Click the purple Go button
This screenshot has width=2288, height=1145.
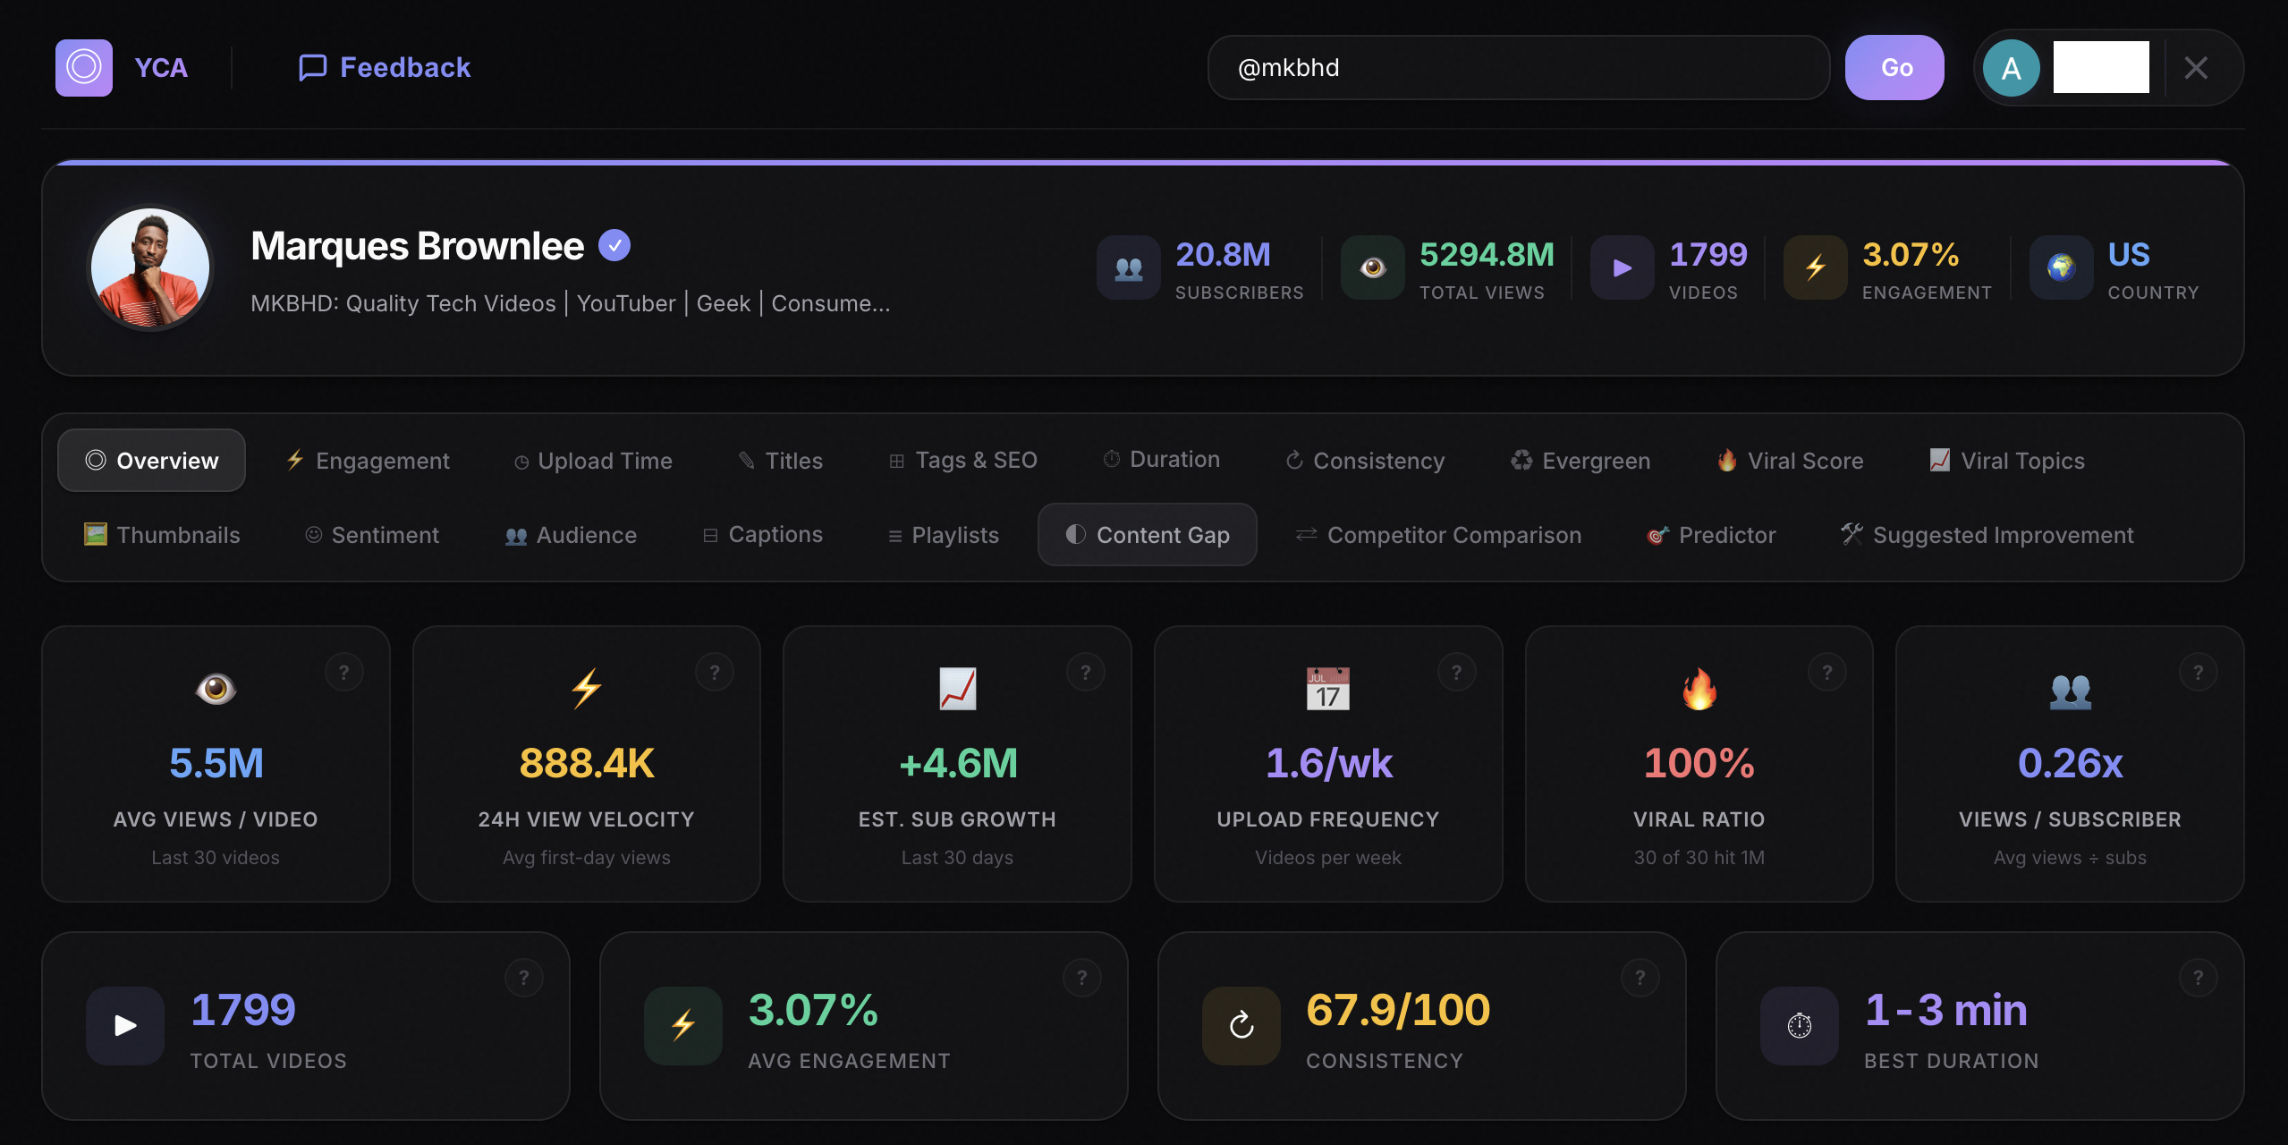pos(1894,68)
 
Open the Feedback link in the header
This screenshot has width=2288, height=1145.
pos(385,68)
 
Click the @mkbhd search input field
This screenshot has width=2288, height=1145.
pos(1517,68)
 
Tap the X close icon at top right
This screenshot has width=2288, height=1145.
pos(2196,68)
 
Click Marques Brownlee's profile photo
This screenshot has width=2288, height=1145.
pos(150,267)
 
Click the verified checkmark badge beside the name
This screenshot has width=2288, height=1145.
pos(614,245)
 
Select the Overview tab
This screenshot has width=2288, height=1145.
pos(152,461)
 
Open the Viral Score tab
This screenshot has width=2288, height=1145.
pos(1791,461)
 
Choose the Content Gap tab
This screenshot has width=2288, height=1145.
pos(1148,535)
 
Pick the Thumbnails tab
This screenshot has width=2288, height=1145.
pos(163,535)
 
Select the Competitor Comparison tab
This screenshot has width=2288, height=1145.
pos(1439,535)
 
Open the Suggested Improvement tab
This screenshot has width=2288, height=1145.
pos(1987,535)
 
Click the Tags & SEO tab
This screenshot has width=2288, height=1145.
pos(963,461)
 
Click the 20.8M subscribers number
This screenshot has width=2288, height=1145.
pos(1223,255)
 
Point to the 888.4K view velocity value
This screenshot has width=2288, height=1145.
pos(587,763)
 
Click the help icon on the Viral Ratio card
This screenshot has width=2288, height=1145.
pos(1827,672)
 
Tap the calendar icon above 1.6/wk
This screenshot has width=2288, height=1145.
pos(1328,689)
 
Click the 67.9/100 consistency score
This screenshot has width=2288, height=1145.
pos(1398,1010)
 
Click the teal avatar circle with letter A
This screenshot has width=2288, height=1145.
pos(2012,68)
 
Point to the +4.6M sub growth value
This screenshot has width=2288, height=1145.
pos(958,763)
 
